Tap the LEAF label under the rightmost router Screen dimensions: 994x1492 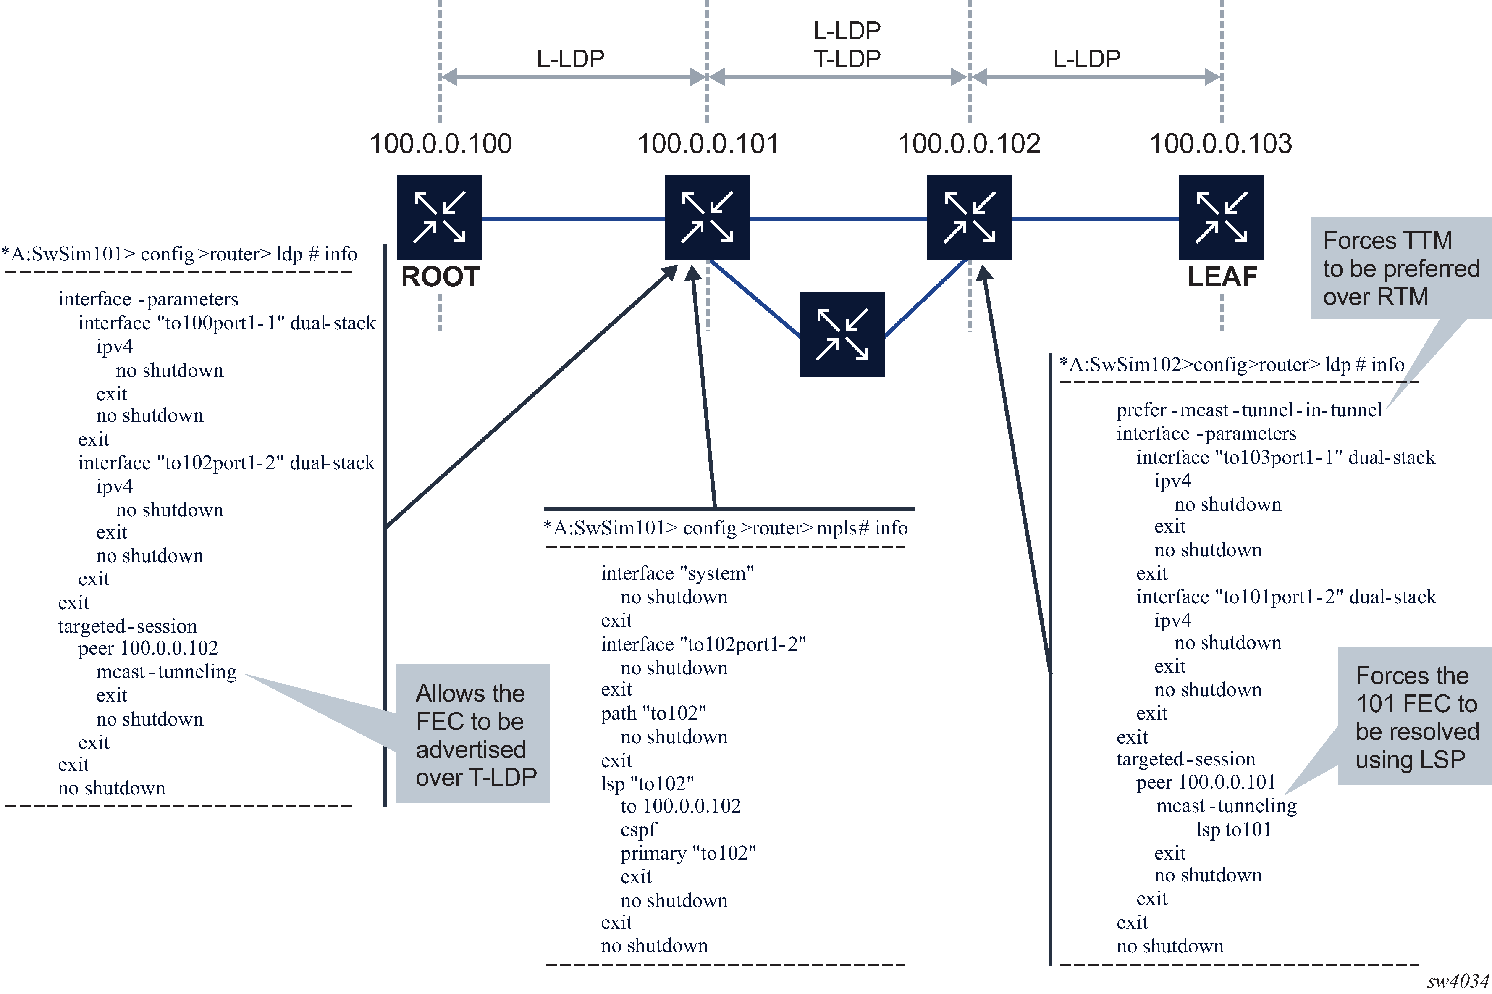pos(1222,277)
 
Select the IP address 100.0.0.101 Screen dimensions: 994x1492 pos(708,143)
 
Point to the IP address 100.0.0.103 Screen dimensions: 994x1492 pos(1220,143)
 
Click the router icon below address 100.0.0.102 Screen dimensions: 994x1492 pos(969,218)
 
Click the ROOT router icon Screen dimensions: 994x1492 pos(439,218)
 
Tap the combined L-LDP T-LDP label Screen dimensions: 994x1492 pos(847,45)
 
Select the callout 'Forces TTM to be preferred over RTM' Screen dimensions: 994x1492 pos(1401,268)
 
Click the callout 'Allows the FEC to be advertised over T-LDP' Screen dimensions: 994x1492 pos(472,734)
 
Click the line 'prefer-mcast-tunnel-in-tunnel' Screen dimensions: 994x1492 pos(1249,410)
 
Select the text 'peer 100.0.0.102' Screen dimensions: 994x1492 pos(148,648)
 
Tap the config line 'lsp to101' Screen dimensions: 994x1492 pos(1233,829)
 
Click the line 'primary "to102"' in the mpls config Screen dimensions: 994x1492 pos(688,853)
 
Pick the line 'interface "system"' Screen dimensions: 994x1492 pos(677,573)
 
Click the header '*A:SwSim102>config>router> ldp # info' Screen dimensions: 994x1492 pos(1232,365)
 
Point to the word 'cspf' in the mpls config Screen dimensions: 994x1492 pos(639,829)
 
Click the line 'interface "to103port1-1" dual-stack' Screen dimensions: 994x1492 pos(1285,458)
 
